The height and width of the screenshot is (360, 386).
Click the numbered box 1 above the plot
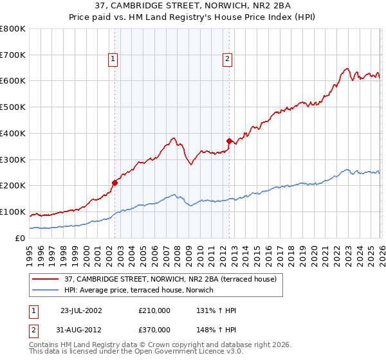click(x=113, y=59)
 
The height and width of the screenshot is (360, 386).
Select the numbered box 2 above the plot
click(x=228, y=59)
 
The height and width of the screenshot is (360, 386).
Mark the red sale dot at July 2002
click(x=115, y=183)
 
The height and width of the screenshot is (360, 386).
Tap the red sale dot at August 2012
click(x=228, y=141)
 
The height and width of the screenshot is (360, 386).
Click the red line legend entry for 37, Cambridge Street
click(x=170, y=279)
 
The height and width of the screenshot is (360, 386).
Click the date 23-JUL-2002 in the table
click(x=82, y=310)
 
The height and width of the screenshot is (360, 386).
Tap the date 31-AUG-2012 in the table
click(x=82, y=329)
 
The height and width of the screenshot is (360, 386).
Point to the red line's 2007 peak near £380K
click(x=174, y=138)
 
